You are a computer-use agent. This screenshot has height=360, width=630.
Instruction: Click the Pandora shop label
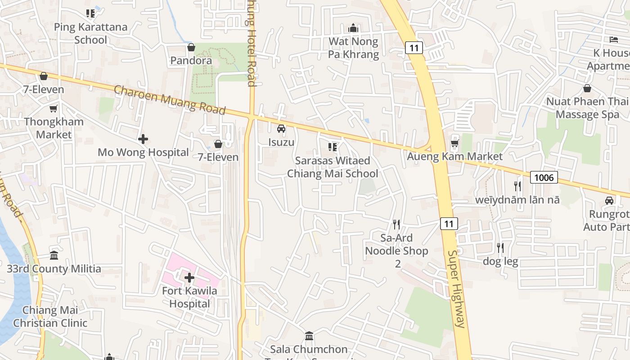[191, 60]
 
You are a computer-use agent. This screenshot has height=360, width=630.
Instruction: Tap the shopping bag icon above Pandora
[191, 47]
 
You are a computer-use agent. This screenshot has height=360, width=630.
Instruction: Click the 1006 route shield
[544, 177]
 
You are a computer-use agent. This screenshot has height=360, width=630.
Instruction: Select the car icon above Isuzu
[281, 129]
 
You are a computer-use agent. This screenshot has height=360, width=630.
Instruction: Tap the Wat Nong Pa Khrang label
[353, 48]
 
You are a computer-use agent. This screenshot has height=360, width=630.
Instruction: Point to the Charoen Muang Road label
[170, 99]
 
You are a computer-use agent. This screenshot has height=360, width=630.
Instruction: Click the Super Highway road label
[455, 288]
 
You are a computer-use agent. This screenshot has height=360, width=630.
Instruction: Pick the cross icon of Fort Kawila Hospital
[189, 277]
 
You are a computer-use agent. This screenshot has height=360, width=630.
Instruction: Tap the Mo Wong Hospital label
[143, 153]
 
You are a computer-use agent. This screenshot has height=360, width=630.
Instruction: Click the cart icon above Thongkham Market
[54, 108]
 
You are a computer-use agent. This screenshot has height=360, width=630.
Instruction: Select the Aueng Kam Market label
[454, 157]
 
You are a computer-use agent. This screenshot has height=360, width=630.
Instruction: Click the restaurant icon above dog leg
[500, 247]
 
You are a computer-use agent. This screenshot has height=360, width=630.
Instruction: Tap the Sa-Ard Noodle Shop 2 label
[396, 251]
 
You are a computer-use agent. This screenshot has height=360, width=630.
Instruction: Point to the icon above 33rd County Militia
[54, 256]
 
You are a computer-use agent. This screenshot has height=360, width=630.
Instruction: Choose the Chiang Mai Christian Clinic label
[50, 316]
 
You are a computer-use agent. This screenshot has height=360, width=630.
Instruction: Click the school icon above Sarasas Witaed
[333, 147]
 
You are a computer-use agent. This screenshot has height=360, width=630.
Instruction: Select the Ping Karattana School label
[90, 33]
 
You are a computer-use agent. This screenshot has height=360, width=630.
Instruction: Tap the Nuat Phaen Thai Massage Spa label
[587, 108]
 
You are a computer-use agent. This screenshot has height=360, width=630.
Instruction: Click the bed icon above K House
[614, 40]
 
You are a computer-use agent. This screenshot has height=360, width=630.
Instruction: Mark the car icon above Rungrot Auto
[609, 201]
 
